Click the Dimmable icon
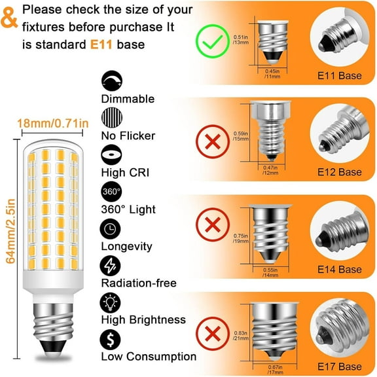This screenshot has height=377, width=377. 110,81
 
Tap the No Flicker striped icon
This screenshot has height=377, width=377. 110,118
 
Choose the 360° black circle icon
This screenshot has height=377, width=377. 110,192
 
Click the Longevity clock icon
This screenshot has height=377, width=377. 110,228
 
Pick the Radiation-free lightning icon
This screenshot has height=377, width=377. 110,265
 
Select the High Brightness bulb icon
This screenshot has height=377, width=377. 110,302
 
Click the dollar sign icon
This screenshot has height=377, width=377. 110,339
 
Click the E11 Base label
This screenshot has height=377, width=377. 336,76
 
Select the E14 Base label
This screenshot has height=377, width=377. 336,269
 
